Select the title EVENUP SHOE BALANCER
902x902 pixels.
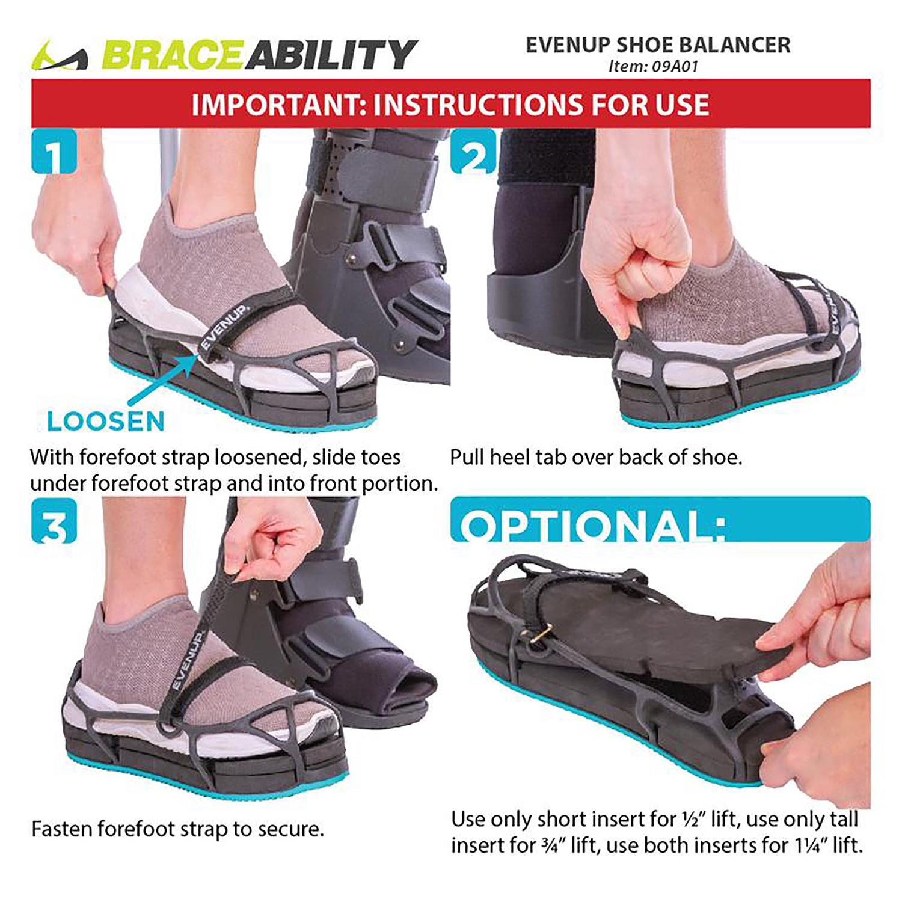coord(658,45)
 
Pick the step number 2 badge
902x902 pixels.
coord(473,153)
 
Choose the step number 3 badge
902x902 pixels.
coord(54,521)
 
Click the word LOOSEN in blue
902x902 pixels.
coord(106,422)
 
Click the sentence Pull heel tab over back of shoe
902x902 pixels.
coord(596,458)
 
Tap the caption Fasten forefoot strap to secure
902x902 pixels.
coord(177,829)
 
